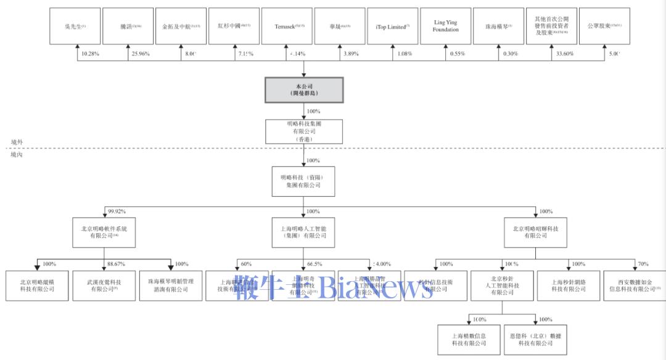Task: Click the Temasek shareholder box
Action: pyautogui.click(x=289, y=27)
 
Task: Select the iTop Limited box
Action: pyautogui.click(x=392, y=27)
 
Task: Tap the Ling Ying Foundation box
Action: pyautogui.click(x=445, y=27)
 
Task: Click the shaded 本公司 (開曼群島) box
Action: pyautogui.click(x=303, y=90)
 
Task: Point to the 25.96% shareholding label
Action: pyautogui.click(x=140, y=54)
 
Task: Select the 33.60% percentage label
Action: pyautogui.click(x=564, y=54)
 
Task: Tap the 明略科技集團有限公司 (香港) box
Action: pyautogui.click(x=303, y=131)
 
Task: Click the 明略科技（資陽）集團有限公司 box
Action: pyautogui.click(x=303, y=181)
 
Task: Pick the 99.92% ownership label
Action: pyautogui.click(x=117, y=211)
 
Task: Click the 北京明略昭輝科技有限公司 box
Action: pyautogui.click(x=535, y=232)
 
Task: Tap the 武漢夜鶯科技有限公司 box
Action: pyautogui.click(x=104, y=285)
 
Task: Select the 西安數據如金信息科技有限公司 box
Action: pyautogui.click(x=633, y=285)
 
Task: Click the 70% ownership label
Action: pyautogui.click(x=643, y=264)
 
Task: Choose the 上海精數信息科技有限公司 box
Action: pyautogui.click(x=469, y=340)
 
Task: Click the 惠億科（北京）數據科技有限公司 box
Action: pyautogui.click(x=535, y=340)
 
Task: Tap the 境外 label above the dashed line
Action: pyautogui.click(x=17, y=142)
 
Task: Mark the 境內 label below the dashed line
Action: pyautogui.click(x=17, y=154)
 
